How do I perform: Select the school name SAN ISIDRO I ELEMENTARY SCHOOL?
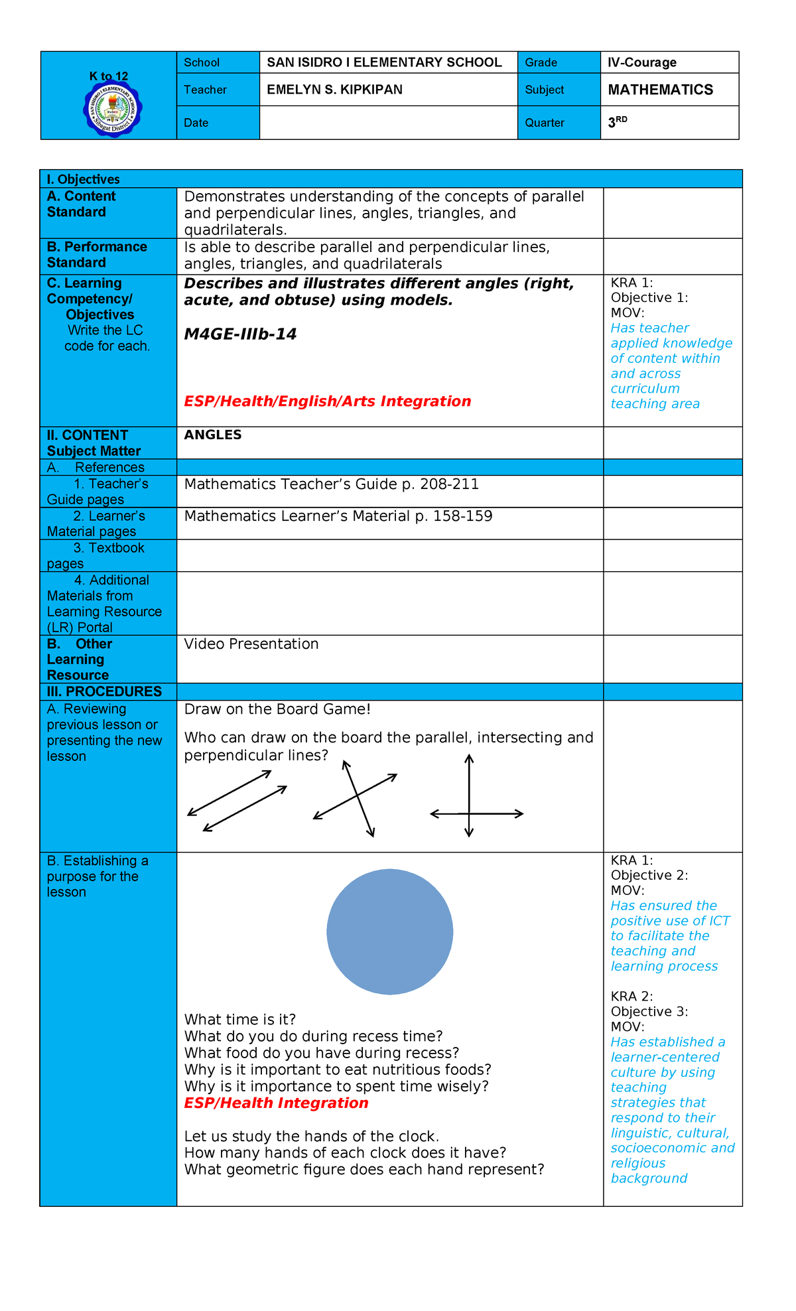384,62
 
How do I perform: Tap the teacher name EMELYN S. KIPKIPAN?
334,90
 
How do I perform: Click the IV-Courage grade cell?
641,62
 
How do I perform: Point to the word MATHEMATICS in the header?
660,90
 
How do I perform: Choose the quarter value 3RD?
617,122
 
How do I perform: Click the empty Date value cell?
387,123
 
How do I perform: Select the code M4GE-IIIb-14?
240,334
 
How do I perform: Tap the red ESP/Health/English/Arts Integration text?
327,401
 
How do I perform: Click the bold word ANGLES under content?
212,435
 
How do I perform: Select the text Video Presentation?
251,644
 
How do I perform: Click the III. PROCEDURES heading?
104,691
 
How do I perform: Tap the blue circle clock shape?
389,931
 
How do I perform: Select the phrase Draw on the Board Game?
277,709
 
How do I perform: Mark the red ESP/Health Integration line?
276,1103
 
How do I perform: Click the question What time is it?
239,1019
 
